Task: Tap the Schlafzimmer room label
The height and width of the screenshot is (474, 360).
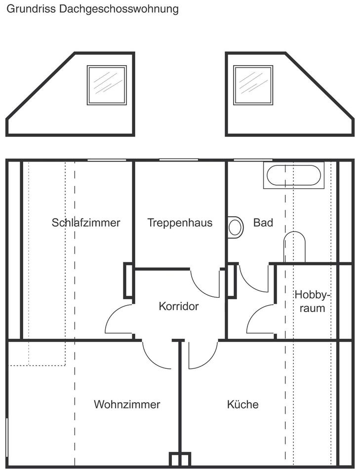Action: [x=86, y=223]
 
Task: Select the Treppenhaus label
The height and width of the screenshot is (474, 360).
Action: [x=180, y=223]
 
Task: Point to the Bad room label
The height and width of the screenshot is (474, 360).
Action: [x=263, y=223]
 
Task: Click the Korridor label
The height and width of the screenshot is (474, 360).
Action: [x=179, y=307]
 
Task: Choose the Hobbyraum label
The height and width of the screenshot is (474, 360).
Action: [x=312, y=302]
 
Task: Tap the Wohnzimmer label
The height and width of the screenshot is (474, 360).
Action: [x=127, y=405]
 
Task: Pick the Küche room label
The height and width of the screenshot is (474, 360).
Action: [x=242, y=405]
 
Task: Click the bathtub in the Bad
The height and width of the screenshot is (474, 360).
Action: [x=294, y=175]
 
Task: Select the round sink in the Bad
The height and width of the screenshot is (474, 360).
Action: [x=236, y=227]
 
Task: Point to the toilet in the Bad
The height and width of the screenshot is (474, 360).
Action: [x=294, y=247]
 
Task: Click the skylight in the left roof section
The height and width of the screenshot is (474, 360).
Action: [x=107, y=85]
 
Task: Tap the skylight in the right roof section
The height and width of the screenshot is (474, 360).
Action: [x=253, y=85]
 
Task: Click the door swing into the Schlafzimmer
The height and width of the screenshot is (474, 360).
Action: [x=119, y=320]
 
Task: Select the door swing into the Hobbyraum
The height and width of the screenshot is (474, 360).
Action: [x=260, y=321]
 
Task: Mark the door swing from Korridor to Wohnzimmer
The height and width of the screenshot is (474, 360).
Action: [x=156, y=355]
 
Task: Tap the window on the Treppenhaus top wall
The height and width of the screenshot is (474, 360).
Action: [x=179, y=159]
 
